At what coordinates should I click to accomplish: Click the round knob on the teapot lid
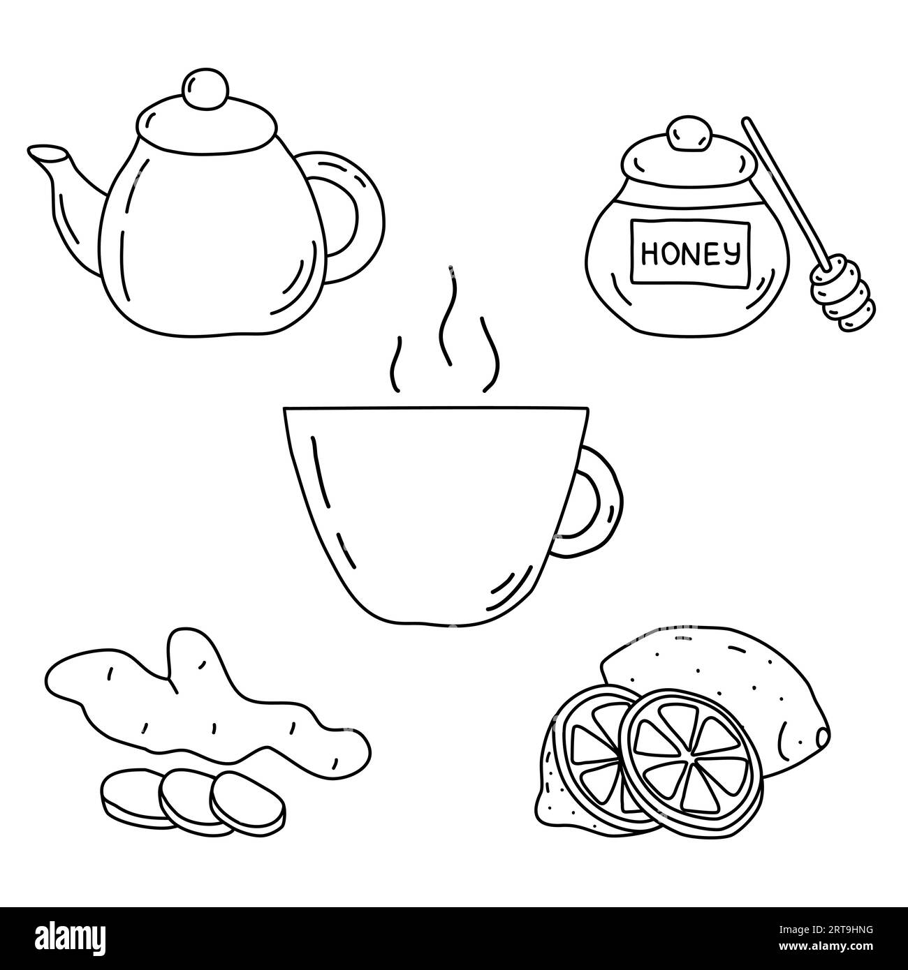(x=205, y=88)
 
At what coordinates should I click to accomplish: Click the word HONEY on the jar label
(x=690, y=253)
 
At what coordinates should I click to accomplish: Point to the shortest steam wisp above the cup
(x=395, y=364)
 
